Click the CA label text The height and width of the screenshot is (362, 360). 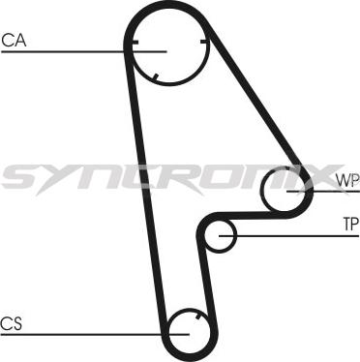click(x=14, y=40)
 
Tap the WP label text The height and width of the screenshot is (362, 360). click(x=346, y=180)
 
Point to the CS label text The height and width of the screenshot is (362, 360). click(x=12, y=322)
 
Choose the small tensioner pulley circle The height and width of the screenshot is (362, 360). click(x=224, y=233)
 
